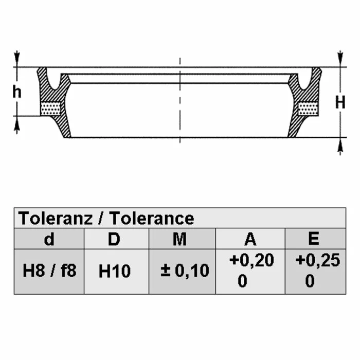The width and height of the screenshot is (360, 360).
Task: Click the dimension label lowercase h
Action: point(17,92)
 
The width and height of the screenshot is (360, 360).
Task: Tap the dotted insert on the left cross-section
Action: point(50,109)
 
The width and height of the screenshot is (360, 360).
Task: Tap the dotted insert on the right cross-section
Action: point(308,109)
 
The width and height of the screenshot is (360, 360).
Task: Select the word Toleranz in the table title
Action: point(56,218)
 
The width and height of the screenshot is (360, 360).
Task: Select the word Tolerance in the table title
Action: point(152,218)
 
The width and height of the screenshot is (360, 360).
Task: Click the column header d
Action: point(49,239)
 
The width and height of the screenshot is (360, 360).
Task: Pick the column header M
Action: point(179,239)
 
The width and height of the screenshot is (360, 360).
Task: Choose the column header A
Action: point(250,239)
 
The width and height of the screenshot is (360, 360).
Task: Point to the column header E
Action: point(314,239)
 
